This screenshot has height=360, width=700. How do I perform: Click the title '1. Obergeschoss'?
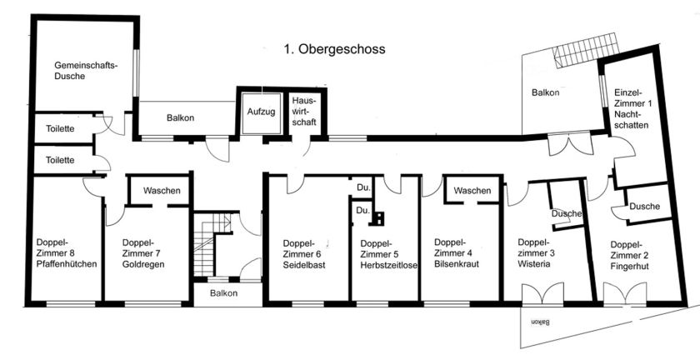coord(333,49)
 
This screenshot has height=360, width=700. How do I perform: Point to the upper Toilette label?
coord(60,129)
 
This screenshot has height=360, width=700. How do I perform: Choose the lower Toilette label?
coord(60,159)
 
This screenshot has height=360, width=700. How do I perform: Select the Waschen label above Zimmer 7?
coord(161,191)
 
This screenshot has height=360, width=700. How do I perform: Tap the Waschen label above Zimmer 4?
coord(472,191)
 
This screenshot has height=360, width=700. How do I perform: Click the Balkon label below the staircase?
coord(223,293)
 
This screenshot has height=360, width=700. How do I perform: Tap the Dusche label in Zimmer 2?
coord(645,207)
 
